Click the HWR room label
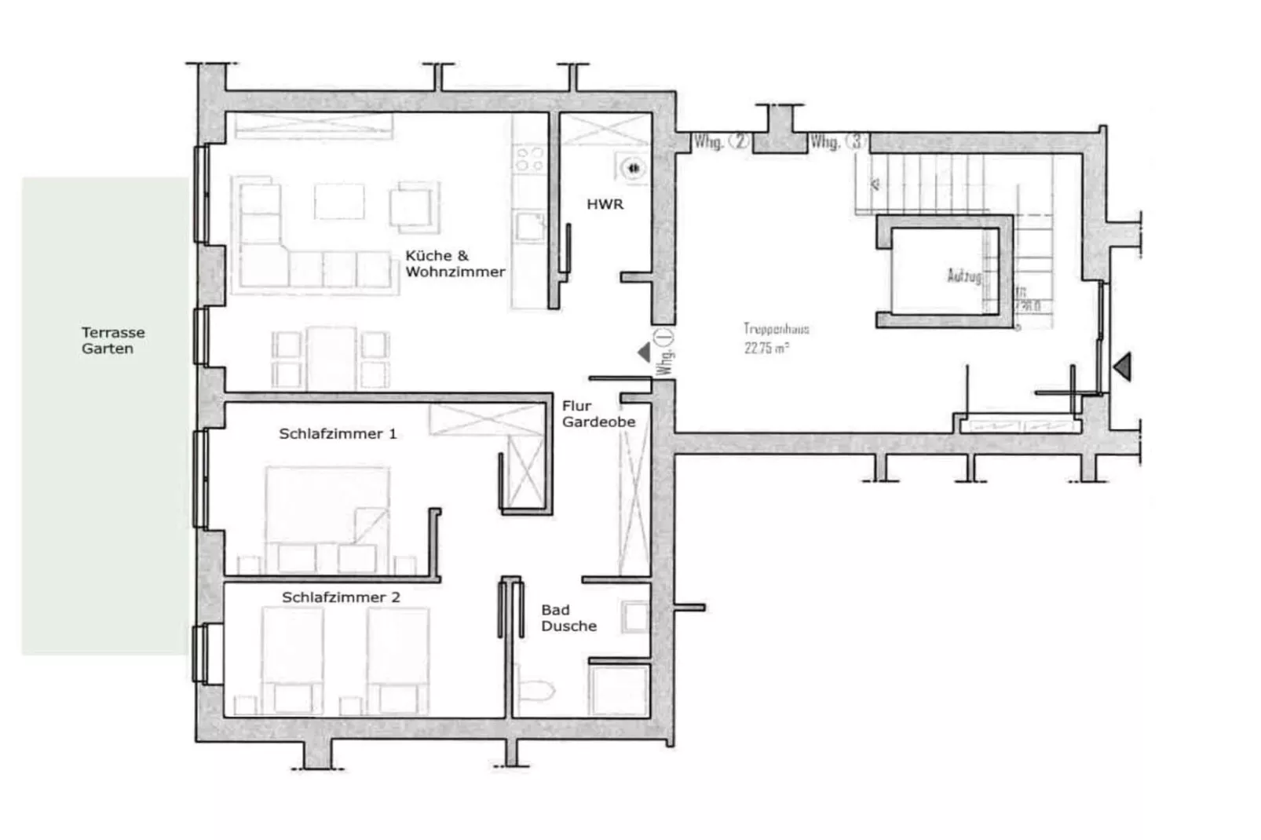pyautogui.click(x=605, y=204)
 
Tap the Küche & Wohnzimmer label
pyautogui.click(x=455, y=264)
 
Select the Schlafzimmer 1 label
pyautogui.click(x=338, y=433)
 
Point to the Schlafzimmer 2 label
pyautogui.click(x=341, y=597)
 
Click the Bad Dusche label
pyautogui.click(x=568, y=618)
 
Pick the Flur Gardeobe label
pyautogui.click(x=598, y=414)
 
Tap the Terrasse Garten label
pyautogui.click(x=113, y=341)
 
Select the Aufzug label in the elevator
pyautogui.click(x=964, y=276)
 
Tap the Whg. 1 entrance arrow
pyautogui.click(x=645, y=352)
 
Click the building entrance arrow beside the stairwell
pyautogui.click(x=1123, y=366)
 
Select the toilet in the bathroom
pyautogui.click(x=537, y=688)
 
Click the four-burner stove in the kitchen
pyautogui.click(x=528, y=159)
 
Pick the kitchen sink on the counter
pyautogui.click(x=528, y=227)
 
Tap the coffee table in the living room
pyautogui.click(x=339, y=202)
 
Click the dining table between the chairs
pyautogui.click(x=331, y=358)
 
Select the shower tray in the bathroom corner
pyautogui.click(x=620, y=690)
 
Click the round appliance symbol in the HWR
pyautogui.click(x=633, y=168)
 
